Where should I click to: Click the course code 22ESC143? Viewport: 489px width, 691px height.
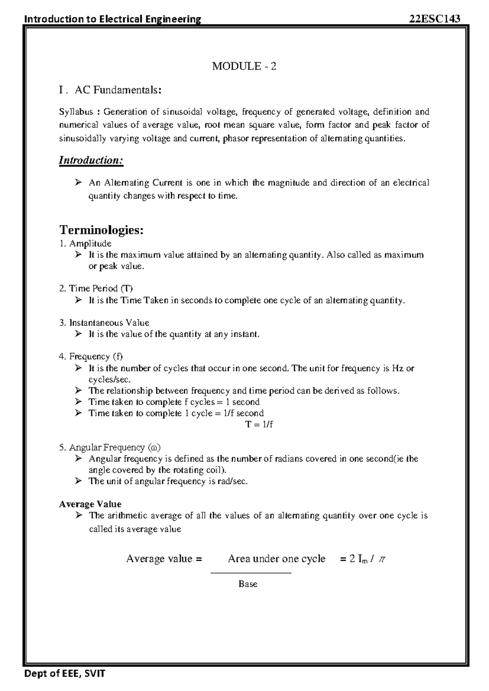coord(435,19)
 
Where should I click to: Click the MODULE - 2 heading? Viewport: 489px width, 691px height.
coord(244,66)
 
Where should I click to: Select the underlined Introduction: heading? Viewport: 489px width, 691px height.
coord(91,160)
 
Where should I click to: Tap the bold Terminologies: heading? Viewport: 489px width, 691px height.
coord(101,230)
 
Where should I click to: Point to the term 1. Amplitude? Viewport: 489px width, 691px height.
coord(85,244)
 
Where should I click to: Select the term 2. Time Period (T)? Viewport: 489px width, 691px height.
coord(96,288)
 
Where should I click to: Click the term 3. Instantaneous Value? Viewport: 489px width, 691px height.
coord(104,323)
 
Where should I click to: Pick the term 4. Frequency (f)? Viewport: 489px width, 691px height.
coord(90,357)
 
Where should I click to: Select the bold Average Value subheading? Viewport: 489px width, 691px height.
coord(90,504)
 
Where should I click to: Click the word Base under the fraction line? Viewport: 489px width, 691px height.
coord(248,584)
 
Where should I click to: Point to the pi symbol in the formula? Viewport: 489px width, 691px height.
coord(381,559)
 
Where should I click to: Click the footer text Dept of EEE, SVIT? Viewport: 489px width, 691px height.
coord(65,673)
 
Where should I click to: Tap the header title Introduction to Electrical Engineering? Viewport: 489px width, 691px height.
coord(113,19)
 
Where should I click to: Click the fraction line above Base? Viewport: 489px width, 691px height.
coord(251,573)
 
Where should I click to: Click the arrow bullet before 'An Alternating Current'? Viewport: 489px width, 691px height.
coord(78,183)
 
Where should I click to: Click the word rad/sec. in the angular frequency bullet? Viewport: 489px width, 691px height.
coord(233,481)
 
